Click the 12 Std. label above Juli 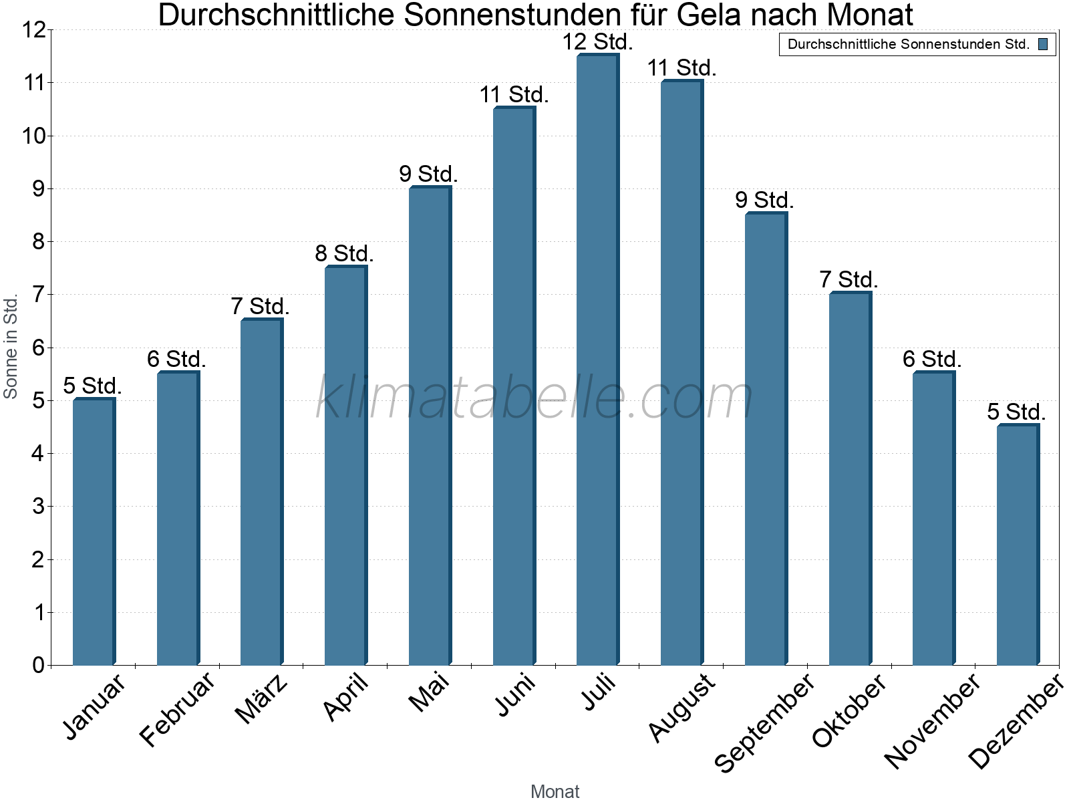point(597,42)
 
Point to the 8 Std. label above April point(344,254)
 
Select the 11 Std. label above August point(681,68)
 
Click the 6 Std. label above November point(932,360)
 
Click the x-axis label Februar point(178,708)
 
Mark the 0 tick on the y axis point(38,665)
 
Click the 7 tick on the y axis point(38,295)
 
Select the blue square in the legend point(1043,45)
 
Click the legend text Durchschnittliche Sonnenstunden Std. point(909,45)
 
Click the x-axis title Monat point(555,791)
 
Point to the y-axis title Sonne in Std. point(11,347)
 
